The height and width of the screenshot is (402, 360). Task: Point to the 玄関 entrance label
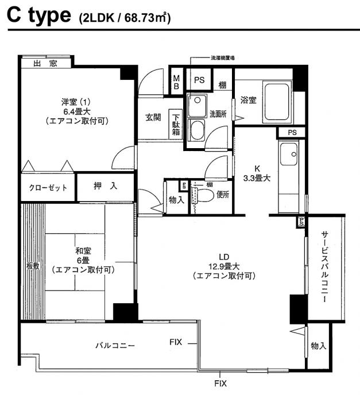(153, 118)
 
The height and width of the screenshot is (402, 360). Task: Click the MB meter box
(177, 82)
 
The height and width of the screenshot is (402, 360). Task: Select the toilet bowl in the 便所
(199, 195)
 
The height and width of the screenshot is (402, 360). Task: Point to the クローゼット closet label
(48, 188)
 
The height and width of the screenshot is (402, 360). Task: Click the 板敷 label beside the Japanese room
(32, 266)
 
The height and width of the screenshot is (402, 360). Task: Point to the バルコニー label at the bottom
(114, 346)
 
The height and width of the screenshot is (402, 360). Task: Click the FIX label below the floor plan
(220, 383)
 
